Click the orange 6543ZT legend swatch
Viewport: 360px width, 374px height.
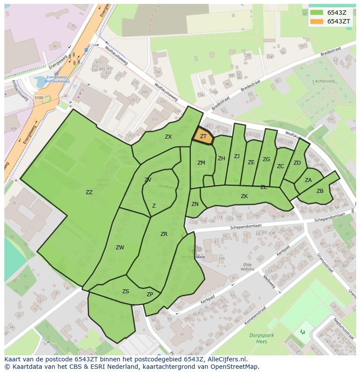tap(317, 21)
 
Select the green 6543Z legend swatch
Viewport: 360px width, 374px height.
tap(317, 13)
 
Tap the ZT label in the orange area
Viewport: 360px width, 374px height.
tap(203, 136)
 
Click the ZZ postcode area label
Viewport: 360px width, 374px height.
tap(89, 192)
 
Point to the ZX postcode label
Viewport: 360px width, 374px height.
tap(168, 137)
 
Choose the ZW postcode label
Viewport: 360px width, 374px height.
tap(120, 248)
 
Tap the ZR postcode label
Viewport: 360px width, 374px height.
tap(164, 234)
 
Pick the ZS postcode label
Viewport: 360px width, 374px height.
tap(126, 291)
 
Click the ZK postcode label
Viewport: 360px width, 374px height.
tap(244, 196)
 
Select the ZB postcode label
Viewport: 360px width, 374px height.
tap(320, 191)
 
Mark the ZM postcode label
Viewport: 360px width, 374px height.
tap(201, 163)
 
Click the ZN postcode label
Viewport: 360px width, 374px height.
tap(195, 204)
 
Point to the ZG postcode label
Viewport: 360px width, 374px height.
tap(266, 159)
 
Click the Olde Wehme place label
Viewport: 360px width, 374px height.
tap(248, 267)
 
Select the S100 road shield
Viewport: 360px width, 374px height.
tap(39, 98)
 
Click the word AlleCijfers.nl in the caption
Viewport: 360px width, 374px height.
tap(227, 359)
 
